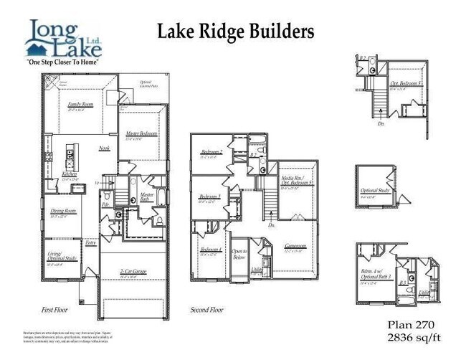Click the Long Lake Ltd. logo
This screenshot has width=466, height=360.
(64, 42)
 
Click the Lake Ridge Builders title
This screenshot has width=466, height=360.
(235, 32)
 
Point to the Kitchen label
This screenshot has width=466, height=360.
(70, 174)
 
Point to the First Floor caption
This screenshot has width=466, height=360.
(55, 310)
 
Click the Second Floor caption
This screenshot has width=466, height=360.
(207, 310)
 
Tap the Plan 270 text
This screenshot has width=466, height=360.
(411, 324)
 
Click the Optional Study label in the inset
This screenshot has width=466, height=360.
(374, 192)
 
